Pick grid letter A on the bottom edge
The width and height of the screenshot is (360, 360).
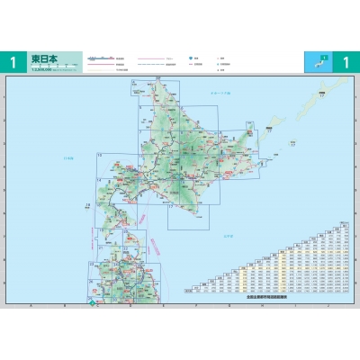pos(31,305)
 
